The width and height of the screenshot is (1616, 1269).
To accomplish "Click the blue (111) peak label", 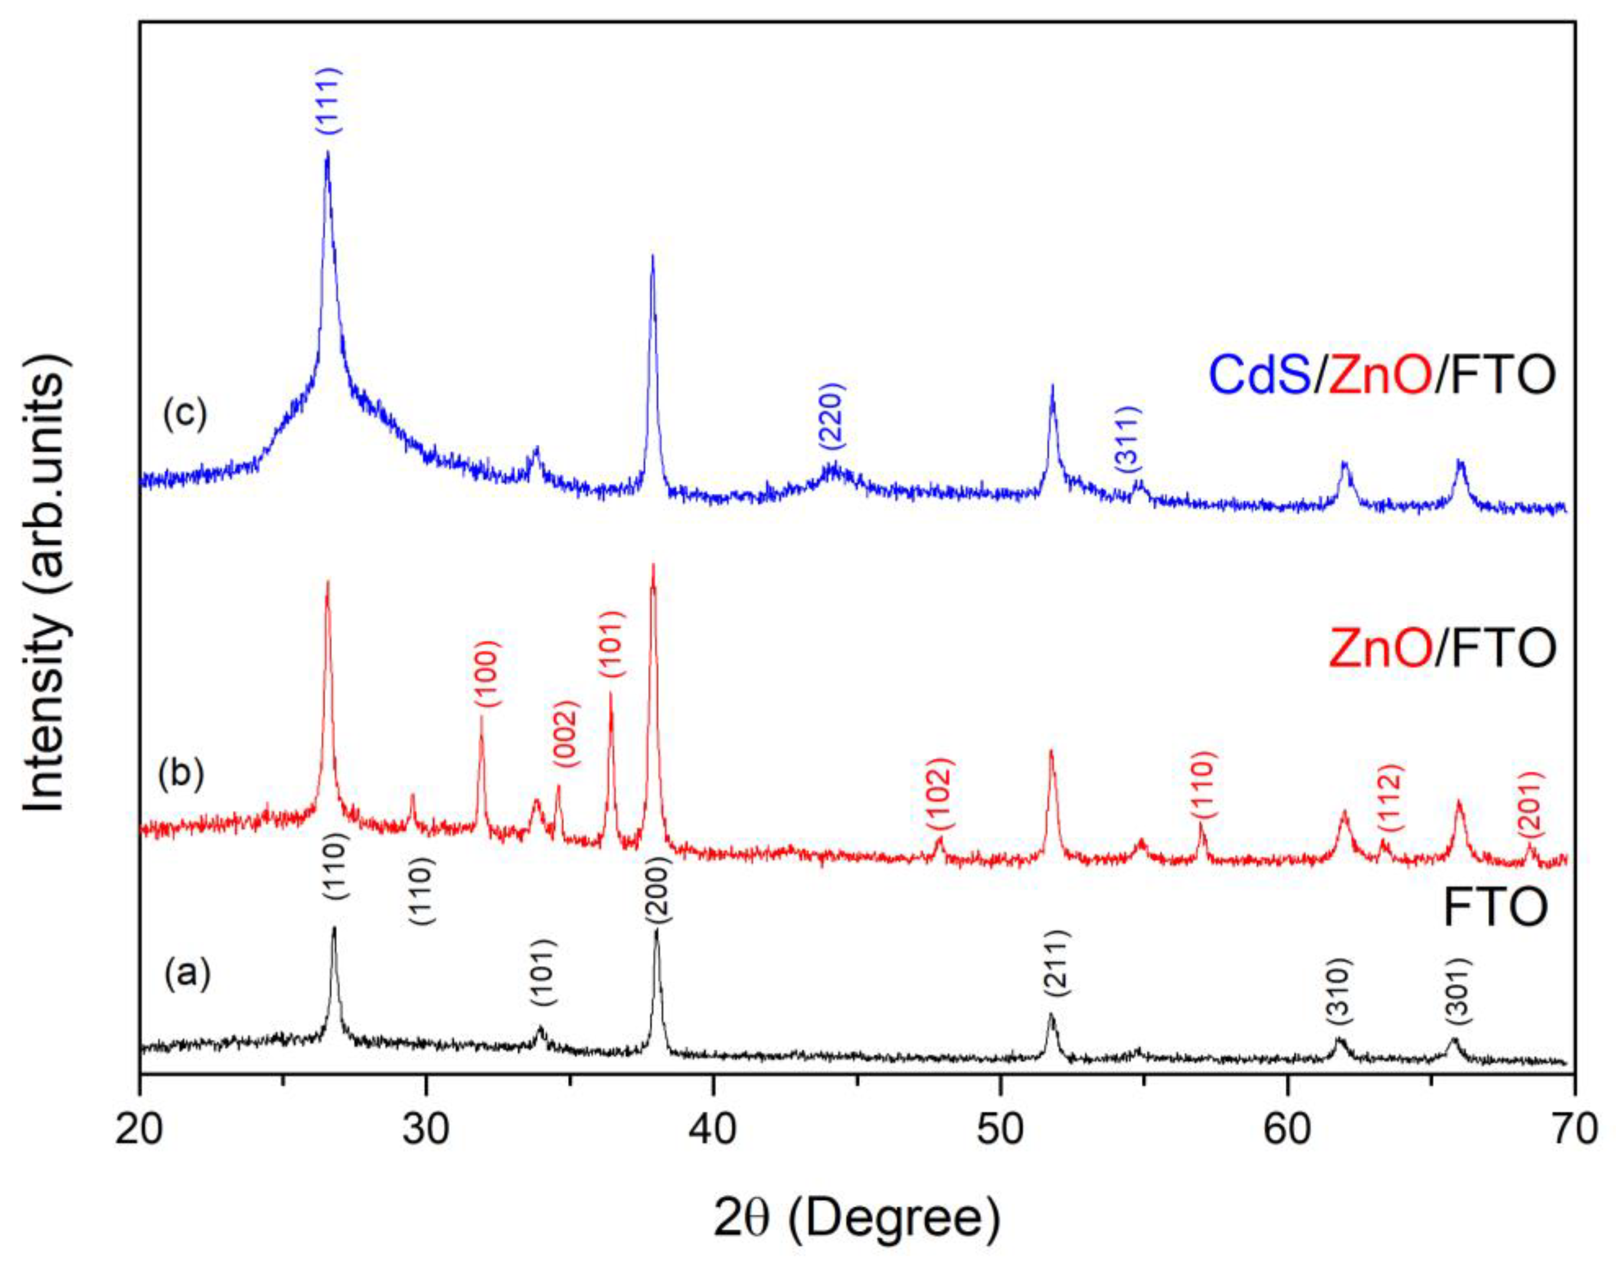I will click(328, 101).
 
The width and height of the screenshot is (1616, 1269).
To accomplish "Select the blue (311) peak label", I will click(1128, 440).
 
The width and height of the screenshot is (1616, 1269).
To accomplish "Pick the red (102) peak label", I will click(938, 794).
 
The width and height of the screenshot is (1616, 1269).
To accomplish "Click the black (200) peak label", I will click(658, 890).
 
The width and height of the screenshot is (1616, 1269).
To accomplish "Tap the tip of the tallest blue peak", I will click(327, 153).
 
